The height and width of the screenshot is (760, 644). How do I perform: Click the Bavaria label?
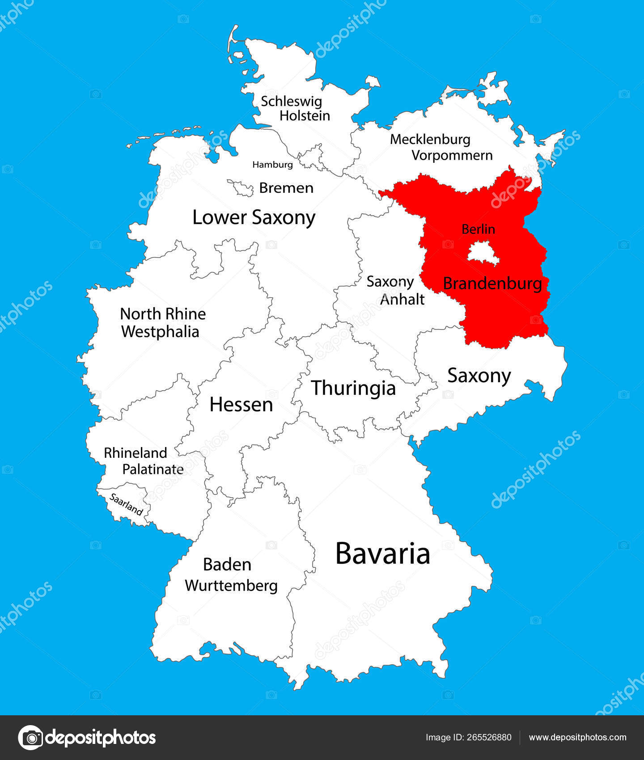coord(382,553)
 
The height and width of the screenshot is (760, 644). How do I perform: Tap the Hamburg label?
coord(272,165)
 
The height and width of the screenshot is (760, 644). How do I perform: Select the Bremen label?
coord(286,188)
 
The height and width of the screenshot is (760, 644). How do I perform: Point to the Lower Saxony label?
coord(254,218)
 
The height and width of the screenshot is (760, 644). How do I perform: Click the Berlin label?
coord(478,229)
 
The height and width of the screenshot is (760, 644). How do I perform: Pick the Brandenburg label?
coord(492,283)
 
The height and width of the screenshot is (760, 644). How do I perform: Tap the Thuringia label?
coord(353,388)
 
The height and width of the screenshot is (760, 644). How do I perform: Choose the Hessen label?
coord(241,405)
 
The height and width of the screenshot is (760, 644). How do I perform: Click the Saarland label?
coord(126,504)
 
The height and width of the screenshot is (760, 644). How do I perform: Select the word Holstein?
coord(305,116)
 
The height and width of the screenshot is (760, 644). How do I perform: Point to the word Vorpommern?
coord(452,156)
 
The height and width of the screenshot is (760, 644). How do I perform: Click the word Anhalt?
coord(402,299)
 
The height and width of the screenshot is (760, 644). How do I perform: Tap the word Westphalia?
coord(160,332)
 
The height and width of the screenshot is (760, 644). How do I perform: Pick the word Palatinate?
coord(153,469)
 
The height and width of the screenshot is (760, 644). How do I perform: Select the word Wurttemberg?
coord(231,585)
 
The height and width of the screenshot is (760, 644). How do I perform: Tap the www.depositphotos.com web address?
coord(577,737)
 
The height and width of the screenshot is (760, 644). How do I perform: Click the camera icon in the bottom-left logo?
coord(30,737)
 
